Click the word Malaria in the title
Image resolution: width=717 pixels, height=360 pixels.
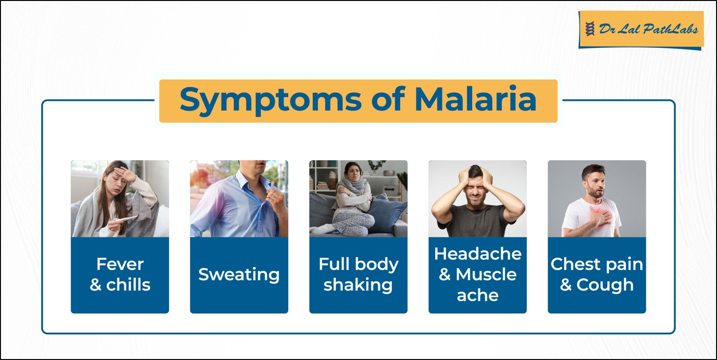[x=475, y=99]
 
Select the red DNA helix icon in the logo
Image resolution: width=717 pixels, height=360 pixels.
[x=590, y=29]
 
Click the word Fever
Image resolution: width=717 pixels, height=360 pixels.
[x=120, y=264]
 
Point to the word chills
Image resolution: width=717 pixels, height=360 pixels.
[x=128, y=285]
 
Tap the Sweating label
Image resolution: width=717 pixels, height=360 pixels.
[x=239, y=275]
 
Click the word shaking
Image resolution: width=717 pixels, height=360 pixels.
[x=358, y=285]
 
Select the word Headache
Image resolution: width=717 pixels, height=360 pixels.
[x=478, y=254]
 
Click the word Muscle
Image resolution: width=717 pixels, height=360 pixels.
[x=486, y=275]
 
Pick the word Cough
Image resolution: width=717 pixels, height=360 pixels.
[x=605, y=285]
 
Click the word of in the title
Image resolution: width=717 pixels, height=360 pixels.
[x=388, y=99]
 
